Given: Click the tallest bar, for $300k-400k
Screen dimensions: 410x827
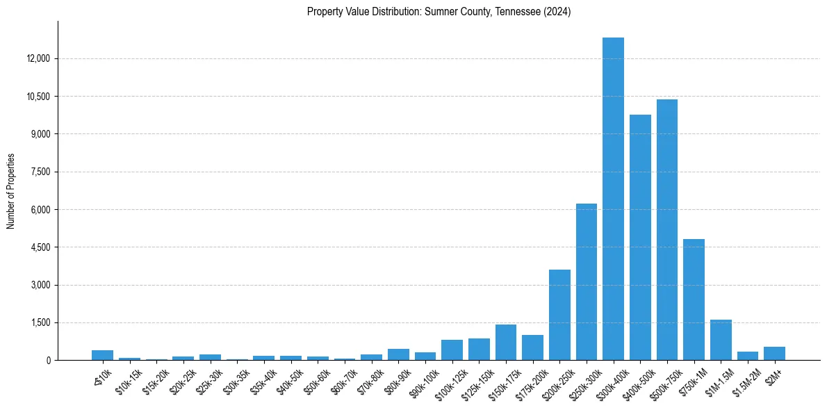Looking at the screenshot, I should click(x=613, y=199).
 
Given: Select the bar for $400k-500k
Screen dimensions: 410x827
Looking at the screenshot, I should click(x=640, y=238).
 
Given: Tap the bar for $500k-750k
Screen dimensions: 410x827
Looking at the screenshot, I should click(x=667, y=230).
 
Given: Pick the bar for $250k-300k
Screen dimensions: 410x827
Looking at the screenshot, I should click(x=587, y=282).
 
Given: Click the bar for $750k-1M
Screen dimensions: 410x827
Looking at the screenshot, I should click(x=694, y=300).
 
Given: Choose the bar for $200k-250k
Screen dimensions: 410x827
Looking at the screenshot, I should click(x=559, y=315).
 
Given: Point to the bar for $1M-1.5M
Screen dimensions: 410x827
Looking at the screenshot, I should click(x=721, y=340).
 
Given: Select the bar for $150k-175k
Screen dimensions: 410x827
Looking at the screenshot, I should click(x=506, y=343).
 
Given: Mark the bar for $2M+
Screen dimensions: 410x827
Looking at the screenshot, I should click(x=774, y=354).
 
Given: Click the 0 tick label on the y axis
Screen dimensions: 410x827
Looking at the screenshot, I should click(x=49, y=360).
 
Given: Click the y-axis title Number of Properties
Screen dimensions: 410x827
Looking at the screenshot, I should click(x=10, y=190).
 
